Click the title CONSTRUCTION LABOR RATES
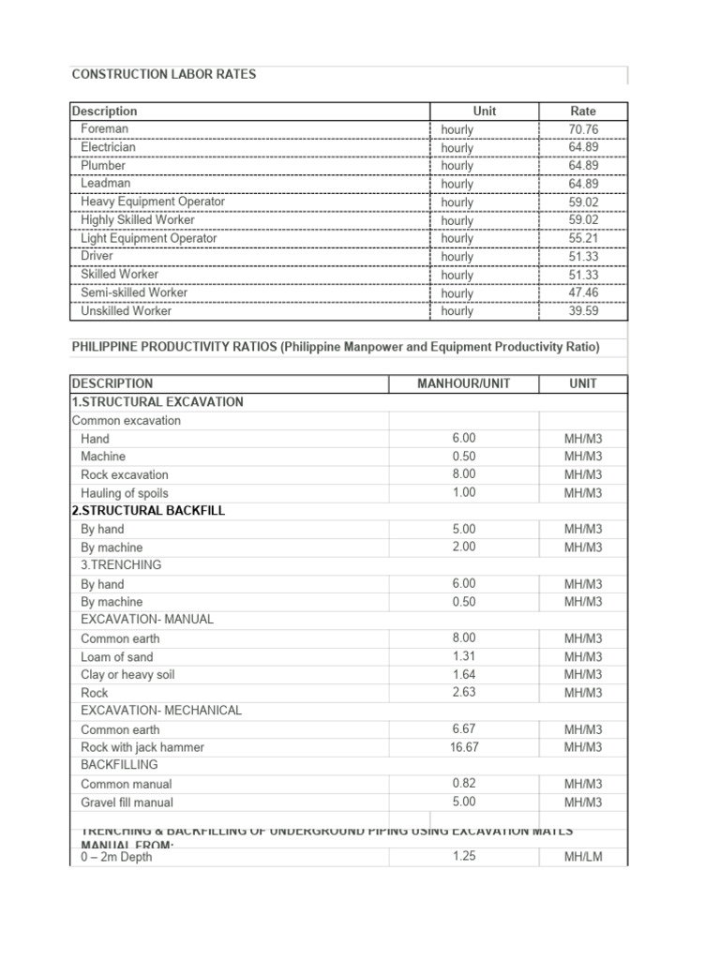click(x=164, y=74)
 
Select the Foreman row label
click(x=105, y=128)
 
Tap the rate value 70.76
click(x=582, y=128)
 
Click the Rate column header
click(x=582, y=111)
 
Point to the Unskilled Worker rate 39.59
click(x=582, y=310)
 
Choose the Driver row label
click(x=97, y=256)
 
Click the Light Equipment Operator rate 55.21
click(x=582, y=238)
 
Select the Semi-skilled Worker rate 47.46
click(x=582, y=292)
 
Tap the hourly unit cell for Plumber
click(x=457, y=166)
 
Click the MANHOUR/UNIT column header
click(x=464, y=383)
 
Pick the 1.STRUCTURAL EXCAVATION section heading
click(x=157, y=401)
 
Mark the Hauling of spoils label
click(x=125, y=493)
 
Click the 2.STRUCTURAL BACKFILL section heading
click(x=148, y=511)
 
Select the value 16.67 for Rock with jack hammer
click(x=464, y=747)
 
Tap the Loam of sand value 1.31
click(x=464, y=656)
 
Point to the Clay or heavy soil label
click(x=127, y=675)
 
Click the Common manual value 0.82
click(x=464, y=783)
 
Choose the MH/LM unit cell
click(x=582, y=857)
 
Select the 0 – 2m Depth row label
click(x=117, y=857)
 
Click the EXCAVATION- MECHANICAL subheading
click(x=161, y=711)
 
